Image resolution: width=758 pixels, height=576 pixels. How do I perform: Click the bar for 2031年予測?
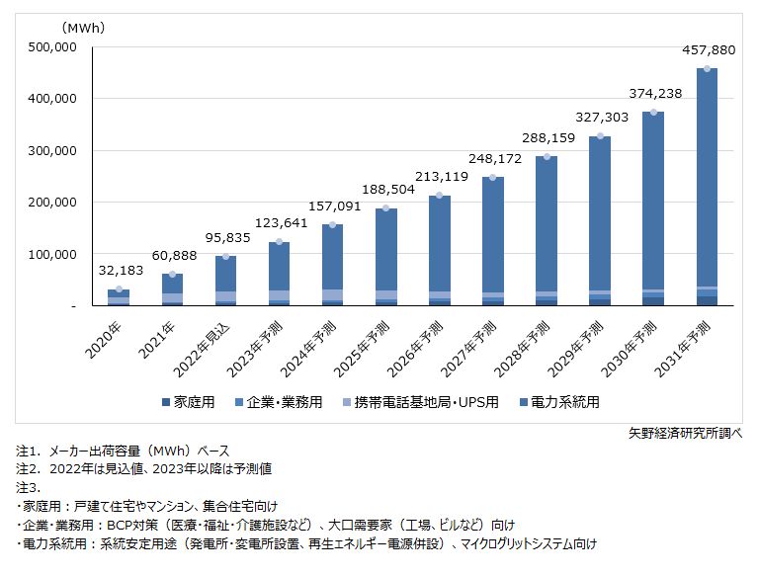[707, 188]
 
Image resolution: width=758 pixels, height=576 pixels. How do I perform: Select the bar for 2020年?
[119, 297]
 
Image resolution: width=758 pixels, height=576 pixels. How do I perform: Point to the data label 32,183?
[119, 272]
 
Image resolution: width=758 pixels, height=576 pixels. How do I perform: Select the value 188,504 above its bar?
[386, 191]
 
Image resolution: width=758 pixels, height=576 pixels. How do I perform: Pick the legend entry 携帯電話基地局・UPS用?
[428, 402]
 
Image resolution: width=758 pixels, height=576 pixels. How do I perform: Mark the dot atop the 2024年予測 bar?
[333, 225]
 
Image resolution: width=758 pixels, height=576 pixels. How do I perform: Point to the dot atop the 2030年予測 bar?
[653, 113]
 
